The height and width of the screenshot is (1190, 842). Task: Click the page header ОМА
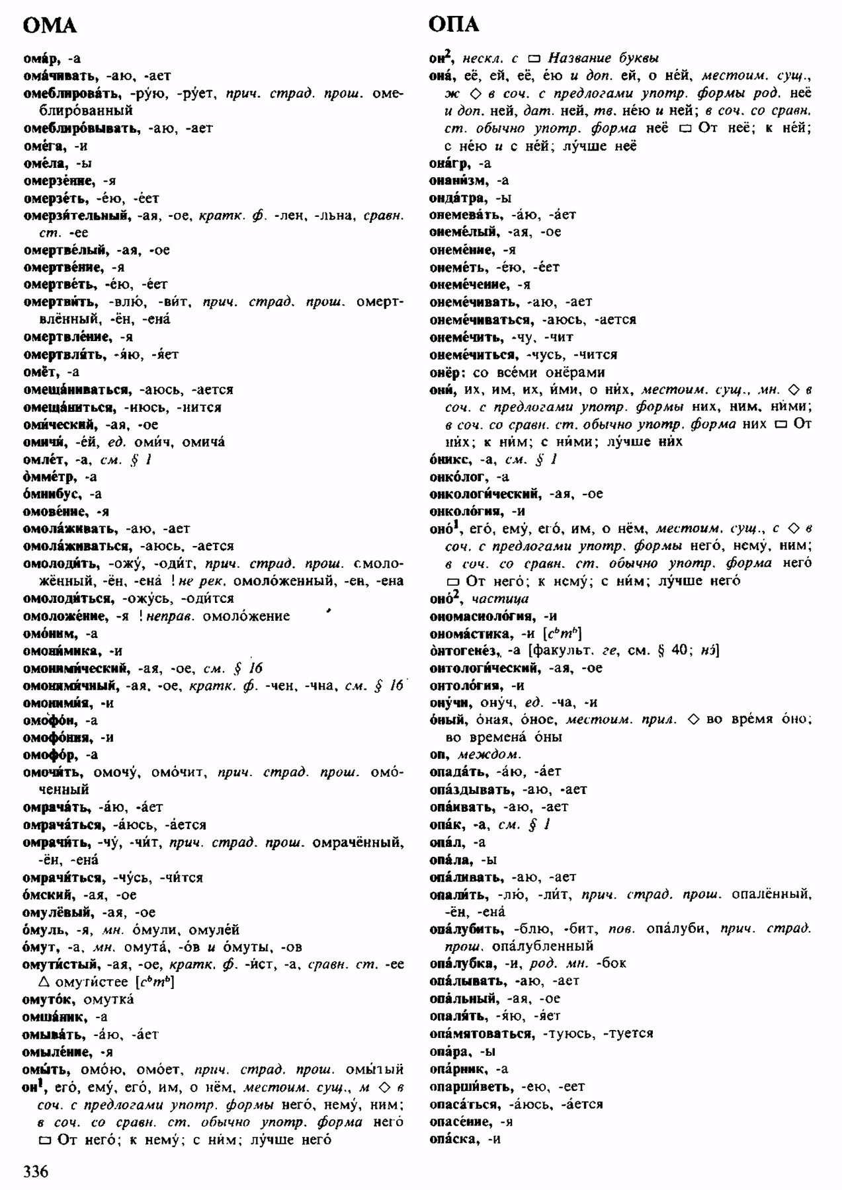[50, 25]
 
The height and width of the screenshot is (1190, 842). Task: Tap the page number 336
[36, 1171]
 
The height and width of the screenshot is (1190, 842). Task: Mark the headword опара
[449, 1051]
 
